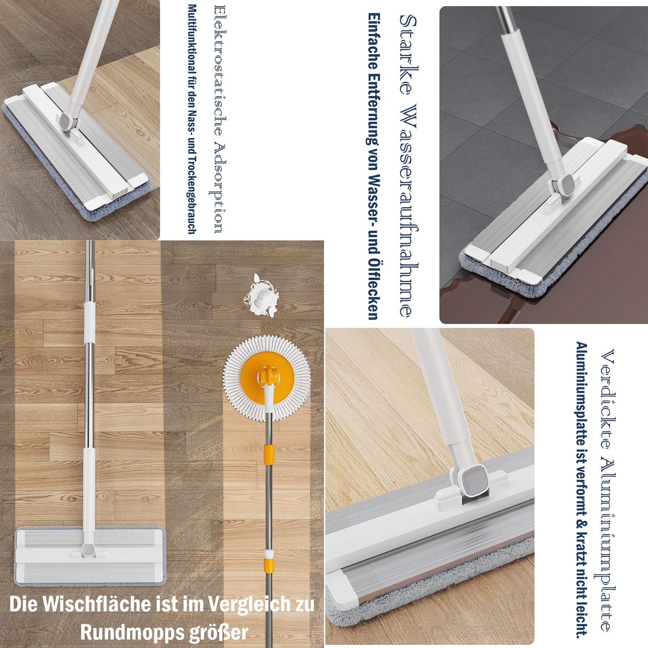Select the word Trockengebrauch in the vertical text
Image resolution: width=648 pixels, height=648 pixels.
point(192,195)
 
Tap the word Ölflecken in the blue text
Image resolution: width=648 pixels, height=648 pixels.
point(373,288)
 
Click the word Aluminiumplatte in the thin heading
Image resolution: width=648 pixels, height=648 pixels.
point(608,547)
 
